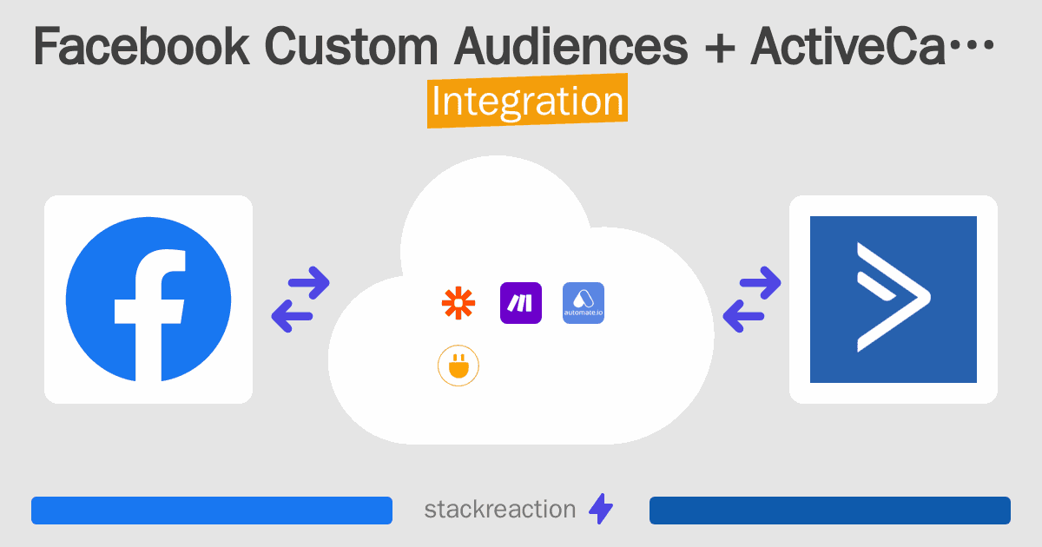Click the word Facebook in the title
coord(142,47)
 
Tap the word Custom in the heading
coord(351,47)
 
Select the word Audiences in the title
coord(570,47)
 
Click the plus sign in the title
coord(720,48)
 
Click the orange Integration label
coord(528,101)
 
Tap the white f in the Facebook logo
coord(149,315)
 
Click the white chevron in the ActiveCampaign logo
coord(894,297)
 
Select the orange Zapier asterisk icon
coord(458,303)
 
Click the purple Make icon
coord(520,303)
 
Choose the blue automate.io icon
coord(584,303)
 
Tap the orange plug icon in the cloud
coord(458,366)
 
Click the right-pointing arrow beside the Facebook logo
coord(309,282)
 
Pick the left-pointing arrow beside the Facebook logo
coord(292,316)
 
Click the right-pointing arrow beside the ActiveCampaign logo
coord(760,282)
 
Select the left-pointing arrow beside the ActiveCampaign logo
coord(743,316)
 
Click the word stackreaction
coord(500,510)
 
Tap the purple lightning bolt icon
coord(601,509)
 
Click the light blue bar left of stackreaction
coord(212,511)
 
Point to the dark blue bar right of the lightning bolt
coord(830,511)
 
